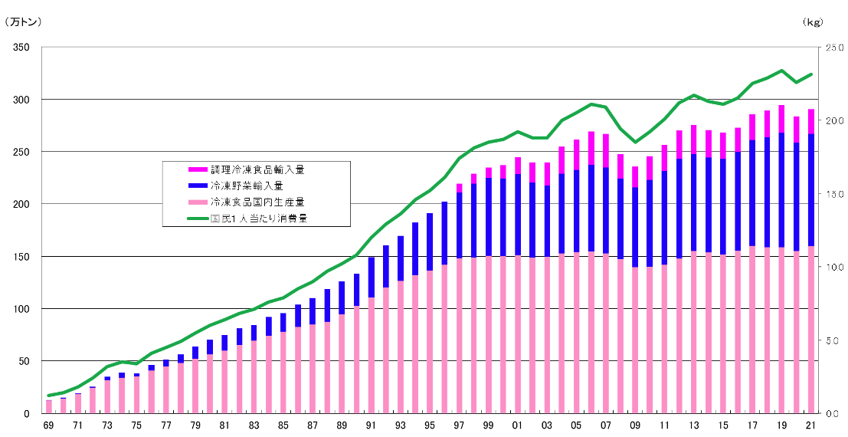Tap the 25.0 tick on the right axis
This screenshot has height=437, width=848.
point(833,48)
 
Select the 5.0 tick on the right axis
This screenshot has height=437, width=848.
point(833,340)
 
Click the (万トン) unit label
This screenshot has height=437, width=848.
point(24,22)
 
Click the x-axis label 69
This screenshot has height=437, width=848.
point(48,426)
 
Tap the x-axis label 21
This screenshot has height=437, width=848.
point(811,426)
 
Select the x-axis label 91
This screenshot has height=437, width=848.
point(371,426)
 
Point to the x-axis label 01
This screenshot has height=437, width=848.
point(518,426)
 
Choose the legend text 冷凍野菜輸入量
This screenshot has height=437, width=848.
point(247,186)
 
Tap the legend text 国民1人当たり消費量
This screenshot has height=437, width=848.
point(259,219)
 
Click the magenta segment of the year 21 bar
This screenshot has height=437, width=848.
point(811,121)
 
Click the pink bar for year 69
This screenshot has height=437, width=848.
point(48,406)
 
